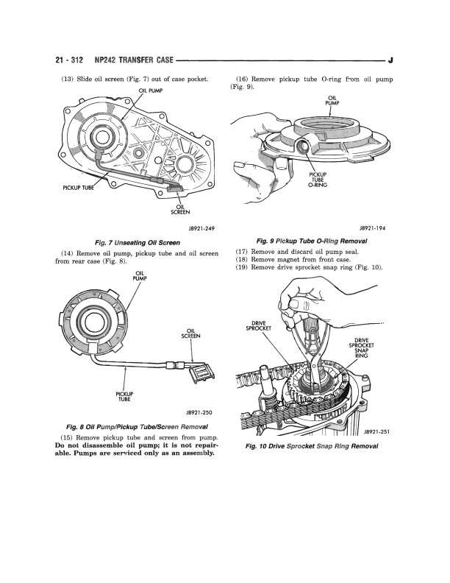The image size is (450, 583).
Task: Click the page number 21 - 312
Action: point(69,60)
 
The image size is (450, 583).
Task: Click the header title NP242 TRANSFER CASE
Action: point(134,60)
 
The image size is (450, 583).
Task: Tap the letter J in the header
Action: point(390,60)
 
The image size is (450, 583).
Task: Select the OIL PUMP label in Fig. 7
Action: point(151,91)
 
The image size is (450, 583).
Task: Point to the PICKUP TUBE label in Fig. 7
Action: point(78,188)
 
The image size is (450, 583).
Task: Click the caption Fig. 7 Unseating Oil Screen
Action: point(137,243)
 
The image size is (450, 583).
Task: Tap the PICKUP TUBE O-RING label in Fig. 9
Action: point(318,180)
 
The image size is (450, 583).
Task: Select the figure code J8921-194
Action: point(372,228)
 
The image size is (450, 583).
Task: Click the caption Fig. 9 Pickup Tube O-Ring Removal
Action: point(312,241)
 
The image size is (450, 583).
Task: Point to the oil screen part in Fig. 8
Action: point(201,373)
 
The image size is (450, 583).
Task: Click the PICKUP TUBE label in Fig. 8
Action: point(124,397)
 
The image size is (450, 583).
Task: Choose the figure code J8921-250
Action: point(199,413)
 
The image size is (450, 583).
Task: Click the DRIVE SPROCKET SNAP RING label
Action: point(361,347)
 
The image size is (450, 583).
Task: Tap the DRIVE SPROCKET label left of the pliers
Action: point(258,325)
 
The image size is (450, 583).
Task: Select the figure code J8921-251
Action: point(376,431)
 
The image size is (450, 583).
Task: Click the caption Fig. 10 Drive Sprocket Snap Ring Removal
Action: point(312,446)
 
